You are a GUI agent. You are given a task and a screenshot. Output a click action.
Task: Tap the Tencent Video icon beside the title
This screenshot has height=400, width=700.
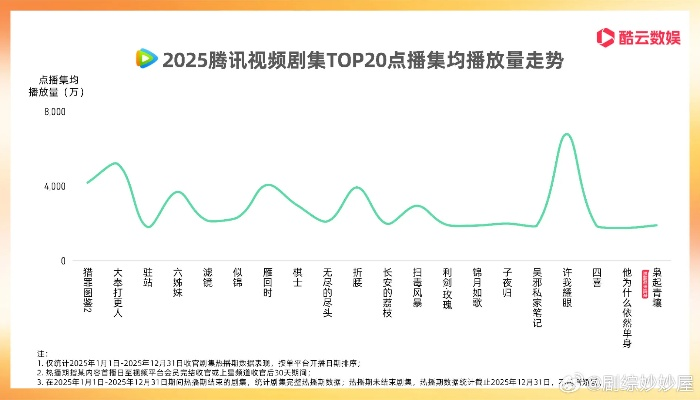click(x=146, y=59)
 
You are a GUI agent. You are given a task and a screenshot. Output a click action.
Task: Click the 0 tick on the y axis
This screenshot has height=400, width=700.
click(x=62, y=261)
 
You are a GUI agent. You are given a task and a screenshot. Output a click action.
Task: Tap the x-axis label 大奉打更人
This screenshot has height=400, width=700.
click(x=117, y=293)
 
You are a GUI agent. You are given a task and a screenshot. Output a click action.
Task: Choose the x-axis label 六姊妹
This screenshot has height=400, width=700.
click(x=177, y=284)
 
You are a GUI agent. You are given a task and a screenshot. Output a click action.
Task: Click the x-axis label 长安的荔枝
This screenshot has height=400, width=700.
click(x=387, y=293)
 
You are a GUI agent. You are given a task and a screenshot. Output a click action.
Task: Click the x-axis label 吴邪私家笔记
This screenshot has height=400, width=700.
click(x=537, y=298)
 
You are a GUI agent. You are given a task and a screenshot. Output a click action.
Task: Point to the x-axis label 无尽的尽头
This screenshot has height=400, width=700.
click(x=327, y=293)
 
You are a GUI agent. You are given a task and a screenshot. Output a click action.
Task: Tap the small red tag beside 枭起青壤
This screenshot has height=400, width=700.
click(x=647, y=277)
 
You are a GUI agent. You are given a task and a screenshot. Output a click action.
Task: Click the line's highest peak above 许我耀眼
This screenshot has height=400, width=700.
click(x=567, y=133)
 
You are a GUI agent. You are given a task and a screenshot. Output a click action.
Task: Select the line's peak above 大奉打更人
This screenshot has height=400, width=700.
click(x=116, y=162)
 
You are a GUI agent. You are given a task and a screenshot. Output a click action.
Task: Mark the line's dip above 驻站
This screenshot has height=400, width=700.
click(x=148, y=227)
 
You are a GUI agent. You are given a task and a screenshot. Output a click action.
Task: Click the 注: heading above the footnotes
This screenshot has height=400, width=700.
click(x=42, y=354)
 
